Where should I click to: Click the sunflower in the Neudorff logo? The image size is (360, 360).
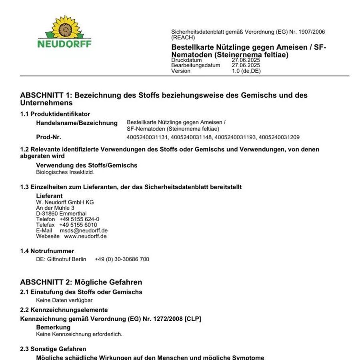point(65,28)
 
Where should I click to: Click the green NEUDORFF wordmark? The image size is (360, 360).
point(64,44)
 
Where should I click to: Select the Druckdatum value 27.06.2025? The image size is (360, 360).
point(246,60)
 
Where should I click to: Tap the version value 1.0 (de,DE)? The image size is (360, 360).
point(246,71)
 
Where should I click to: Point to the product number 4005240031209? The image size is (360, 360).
point(279,137)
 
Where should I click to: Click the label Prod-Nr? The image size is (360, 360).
point(48,137)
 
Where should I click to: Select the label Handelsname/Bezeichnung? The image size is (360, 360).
point(77,123)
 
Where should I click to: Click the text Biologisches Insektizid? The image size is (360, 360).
point(65,172)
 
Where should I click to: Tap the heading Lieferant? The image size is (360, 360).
point(49,196)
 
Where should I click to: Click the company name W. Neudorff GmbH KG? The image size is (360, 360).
point(65,202)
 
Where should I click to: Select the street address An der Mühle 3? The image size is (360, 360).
point(55,208)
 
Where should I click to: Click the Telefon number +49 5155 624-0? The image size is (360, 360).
point(79,219)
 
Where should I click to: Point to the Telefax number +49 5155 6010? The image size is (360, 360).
point(78,225)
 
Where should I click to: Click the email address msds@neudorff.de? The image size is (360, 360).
point(84,230)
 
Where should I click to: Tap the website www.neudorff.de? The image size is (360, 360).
point(85,236)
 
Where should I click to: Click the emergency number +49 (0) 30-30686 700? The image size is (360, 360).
point(122,259)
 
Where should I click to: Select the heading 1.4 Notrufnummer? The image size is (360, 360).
point(47,251)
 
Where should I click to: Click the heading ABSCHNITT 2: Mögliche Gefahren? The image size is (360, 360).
point(81,282)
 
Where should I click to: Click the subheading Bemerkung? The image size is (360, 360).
point(53,327)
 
